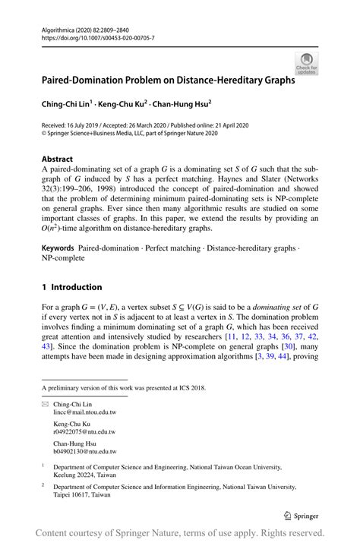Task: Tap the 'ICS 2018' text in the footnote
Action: [x=188, y=387]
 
